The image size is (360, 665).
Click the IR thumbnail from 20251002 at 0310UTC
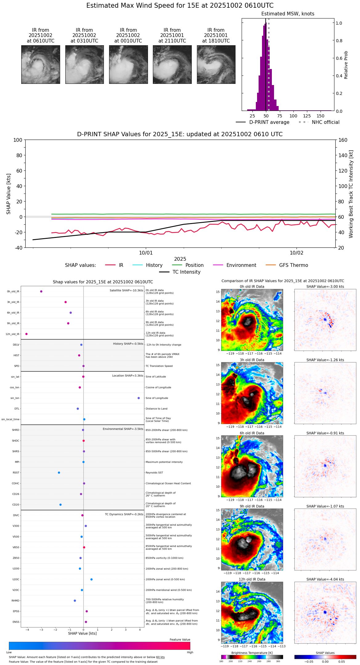(84, 64)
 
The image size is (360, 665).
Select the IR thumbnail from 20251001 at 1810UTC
(216, 64)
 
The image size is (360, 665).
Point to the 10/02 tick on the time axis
(297, 253)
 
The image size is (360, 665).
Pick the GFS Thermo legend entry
(293, 265)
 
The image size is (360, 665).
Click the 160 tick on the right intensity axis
(343, 140)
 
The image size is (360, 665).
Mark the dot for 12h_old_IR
(27, 334)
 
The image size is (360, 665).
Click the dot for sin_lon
(139, 398)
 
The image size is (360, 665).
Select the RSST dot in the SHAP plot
(59, 473)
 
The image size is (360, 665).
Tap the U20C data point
(92, 579)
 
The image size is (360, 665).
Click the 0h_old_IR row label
(13, 292)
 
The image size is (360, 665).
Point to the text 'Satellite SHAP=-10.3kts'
(126, 291)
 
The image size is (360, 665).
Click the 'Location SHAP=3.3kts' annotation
(128, 376)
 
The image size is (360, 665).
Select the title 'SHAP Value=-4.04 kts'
(325, 579)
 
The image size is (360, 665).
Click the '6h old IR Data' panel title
(252, 433)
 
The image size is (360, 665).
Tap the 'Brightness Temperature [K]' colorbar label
(252, 653)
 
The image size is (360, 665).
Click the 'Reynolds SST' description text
(154, 473)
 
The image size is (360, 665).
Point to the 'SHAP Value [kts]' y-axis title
(9, 194)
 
